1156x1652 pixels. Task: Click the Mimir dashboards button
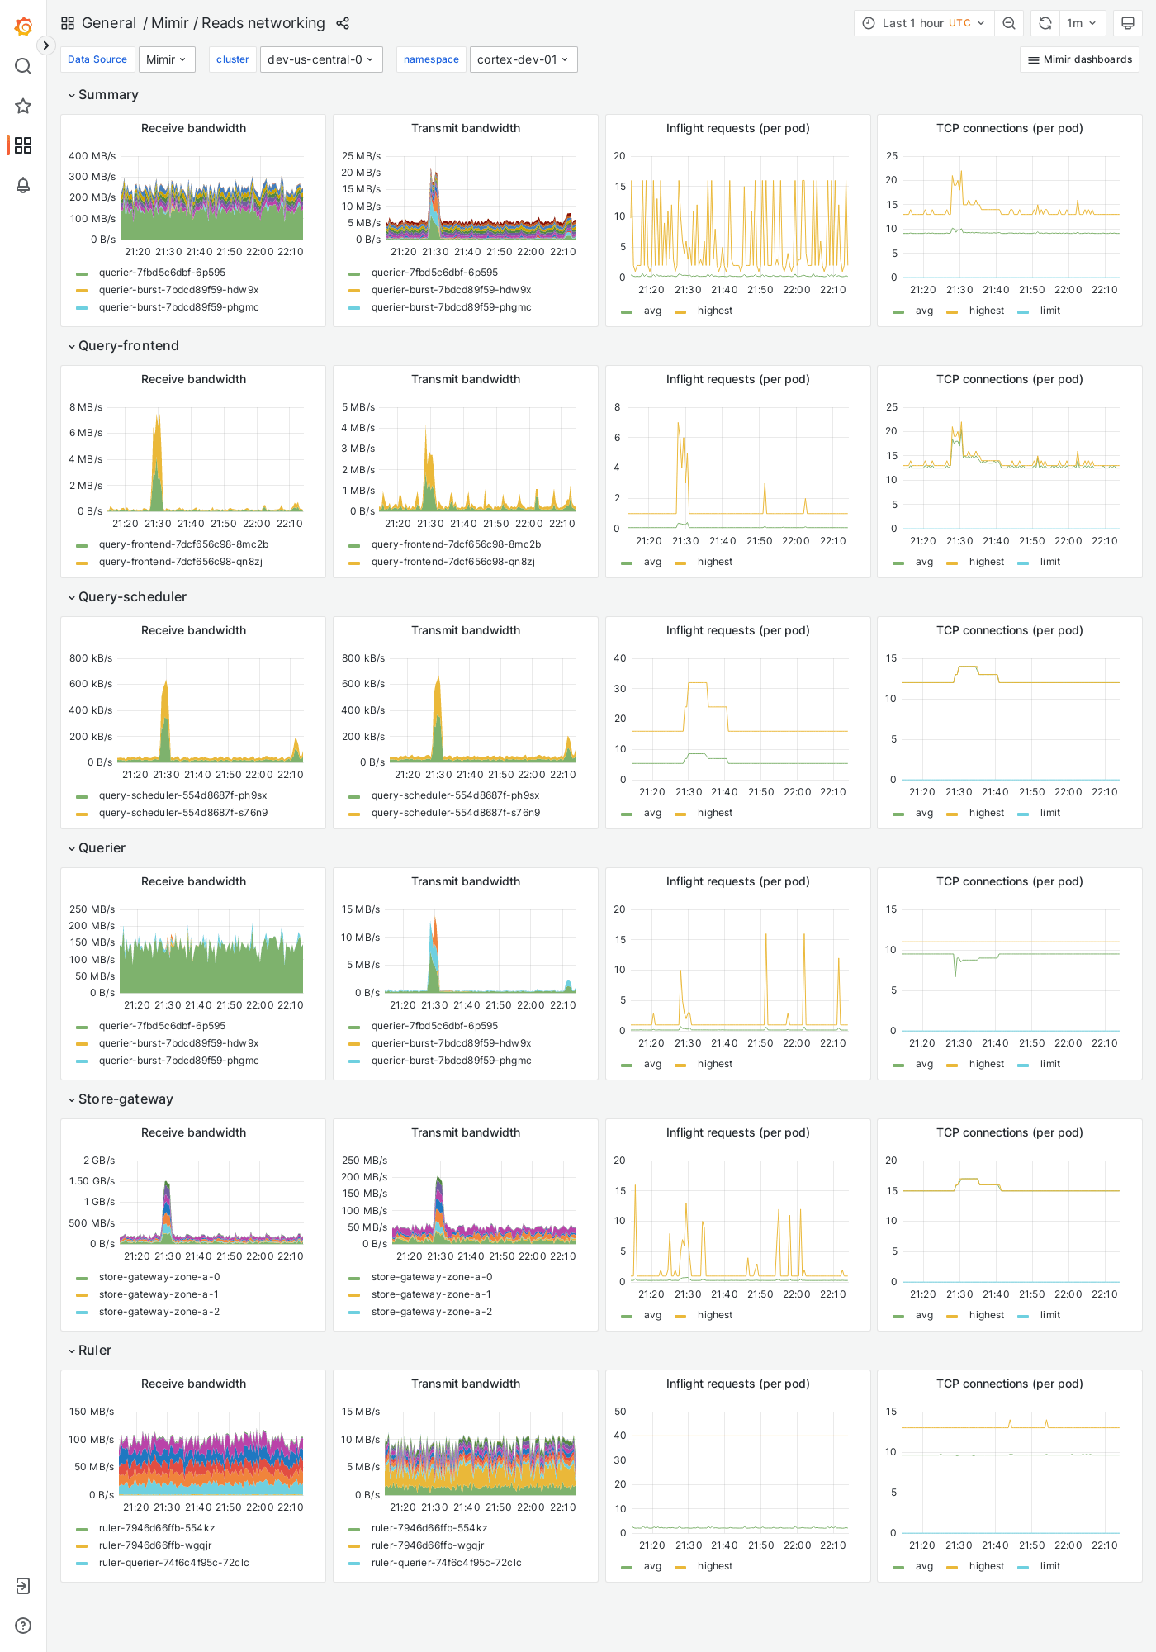(x=1079, y=59)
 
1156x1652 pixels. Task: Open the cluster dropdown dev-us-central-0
(x=321, y=59)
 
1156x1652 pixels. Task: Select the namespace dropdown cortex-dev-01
(x=523, y=59)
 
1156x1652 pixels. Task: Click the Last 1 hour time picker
(x=924, y=23)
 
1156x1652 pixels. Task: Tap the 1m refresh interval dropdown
(x=1081, y=23)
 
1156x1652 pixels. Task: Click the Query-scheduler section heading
(x=132, y=596)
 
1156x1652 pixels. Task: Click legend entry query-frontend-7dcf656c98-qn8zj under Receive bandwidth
(x=180, y=562)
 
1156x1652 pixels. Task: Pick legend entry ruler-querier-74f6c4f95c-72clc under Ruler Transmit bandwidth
(x=446, y=1563)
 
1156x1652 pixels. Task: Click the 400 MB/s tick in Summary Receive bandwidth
(x=92, y=156)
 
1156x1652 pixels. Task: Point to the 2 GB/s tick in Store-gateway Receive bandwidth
(x=99, y=1161)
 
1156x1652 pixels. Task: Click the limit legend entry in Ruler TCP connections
(x=1049, y=1566)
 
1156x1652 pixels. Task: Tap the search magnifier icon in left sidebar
(x=23, y=66)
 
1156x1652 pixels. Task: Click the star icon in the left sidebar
(x=23, y=106)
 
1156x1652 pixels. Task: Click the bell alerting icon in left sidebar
(x=23, y=185)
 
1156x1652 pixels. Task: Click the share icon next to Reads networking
(x=343, y=23)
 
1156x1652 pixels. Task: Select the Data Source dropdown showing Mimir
(x=167, y=59)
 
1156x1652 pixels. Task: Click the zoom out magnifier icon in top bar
(x=1009, y=23)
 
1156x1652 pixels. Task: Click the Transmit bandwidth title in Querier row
(x=466, y=881)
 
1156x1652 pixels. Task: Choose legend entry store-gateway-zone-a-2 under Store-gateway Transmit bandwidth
(x=431, y=1312)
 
